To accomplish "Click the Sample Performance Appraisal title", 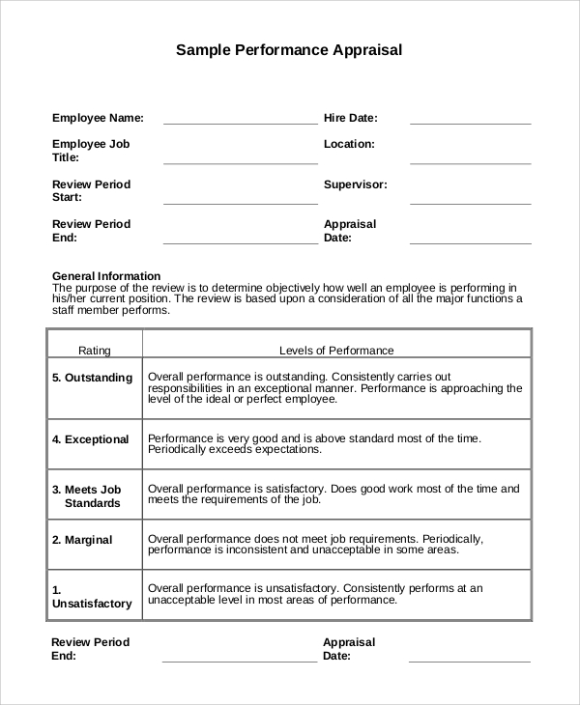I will [x=288, y=49].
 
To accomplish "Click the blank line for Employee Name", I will [x=240, y=123].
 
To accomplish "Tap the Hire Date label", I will [x=350, y=118].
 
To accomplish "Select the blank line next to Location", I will [x=470, y=163].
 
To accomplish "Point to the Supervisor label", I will [x=355, y=183].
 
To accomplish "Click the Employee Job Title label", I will [x=91, y=151].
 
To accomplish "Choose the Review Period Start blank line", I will [x=240, y=203].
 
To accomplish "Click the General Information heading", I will [x=106, y=275].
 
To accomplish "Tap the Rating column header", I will [x=95, y=351].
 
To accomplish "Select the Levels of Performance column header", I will [x=336, y=351].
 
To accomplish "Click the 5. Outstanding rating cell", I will [x=92, y=378].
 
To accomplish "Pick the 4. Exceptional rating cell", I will [x=90, y=439].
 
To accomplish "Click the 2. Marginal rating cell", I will [x=82, y=540].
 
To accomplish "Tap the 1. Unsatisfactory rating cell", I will [x=91, y=596].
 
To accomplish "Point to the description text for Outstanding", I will [x=334, y=387].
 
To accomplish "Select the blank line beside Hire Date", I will [x=470, y=123].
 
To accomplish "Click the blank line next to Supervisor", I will [x=470, y=203].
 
